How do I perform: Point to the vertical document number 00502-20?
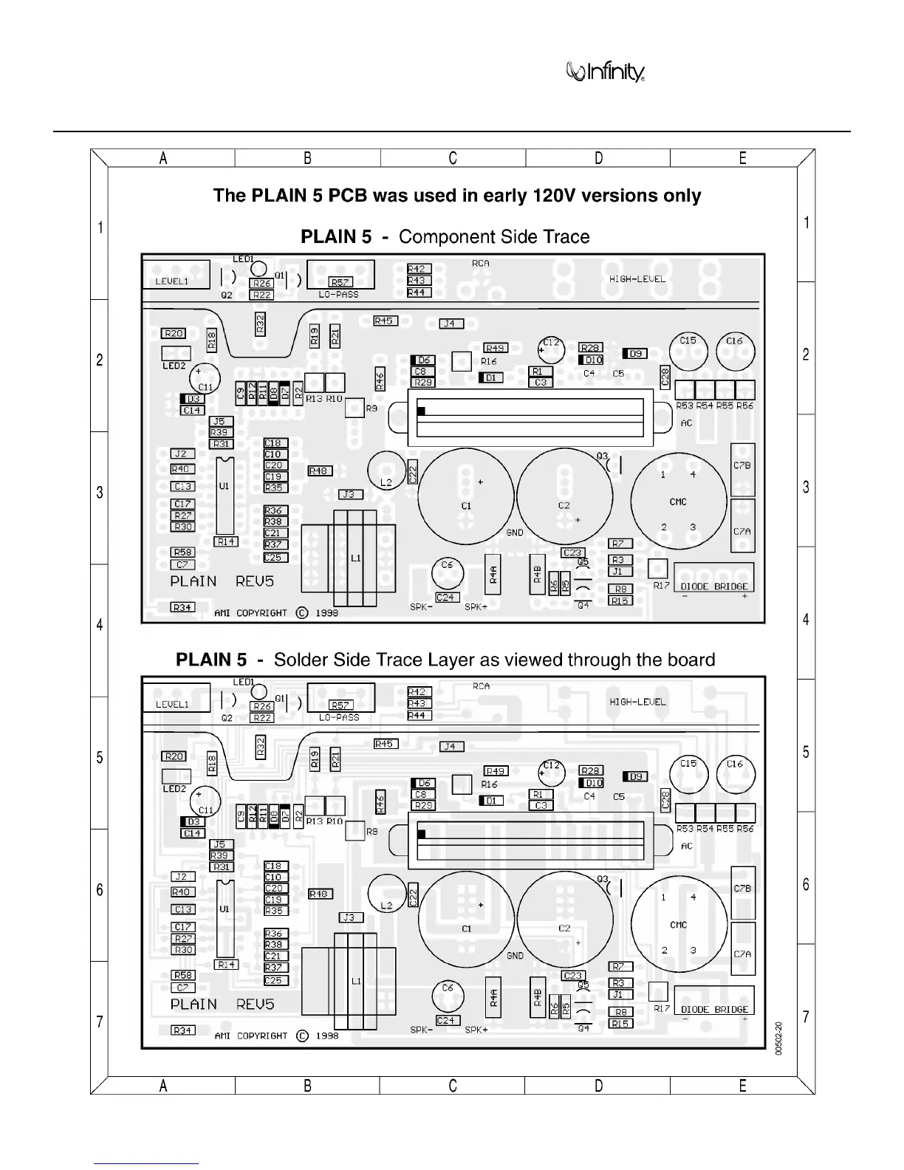tap(779, 1039)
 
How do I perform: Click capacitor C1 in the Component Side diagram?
tap(466, 499)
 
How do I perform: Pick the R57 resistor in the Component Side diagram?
tap(340, 282)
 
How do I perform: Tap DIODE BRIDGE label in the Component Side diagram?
tap(714, 586)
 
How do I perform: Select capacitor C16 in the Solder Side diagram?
tap(735, 773)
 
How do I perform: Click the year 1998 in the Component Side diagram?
tap(326, 613)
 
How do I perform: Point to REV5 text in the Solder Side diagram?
tap(255, 1005)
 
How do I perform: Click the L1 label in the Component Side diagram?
tap(356, 558)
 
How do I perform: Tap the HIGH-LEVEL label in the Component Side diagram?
tap(637, 279)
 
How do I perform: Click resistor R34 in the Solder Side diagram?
tap(182, 1030)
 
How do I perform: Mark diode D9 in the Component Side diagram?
tap(635, 354)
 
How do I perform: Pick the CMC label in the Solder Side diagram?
tap(678, 925)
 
